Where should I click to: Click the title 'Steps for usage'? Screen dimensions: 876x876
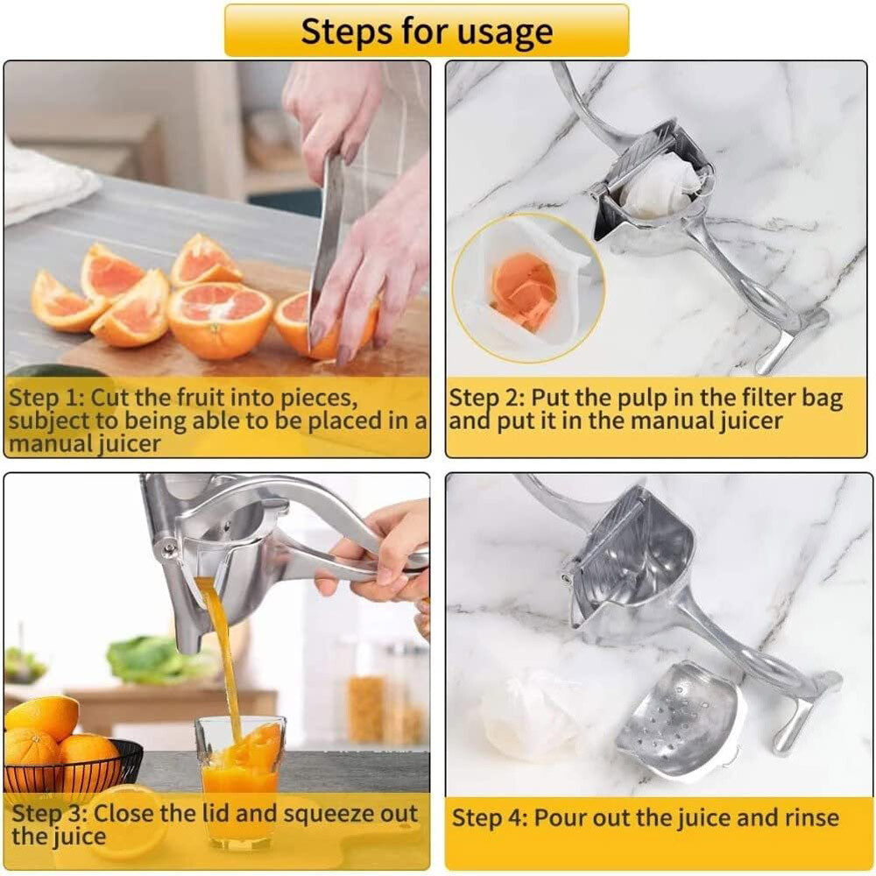pyautogui.click(x=427, y=32)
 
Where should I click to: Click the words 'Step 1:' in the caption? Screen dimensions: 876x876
pyautogui.click(x=46, y=399)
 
